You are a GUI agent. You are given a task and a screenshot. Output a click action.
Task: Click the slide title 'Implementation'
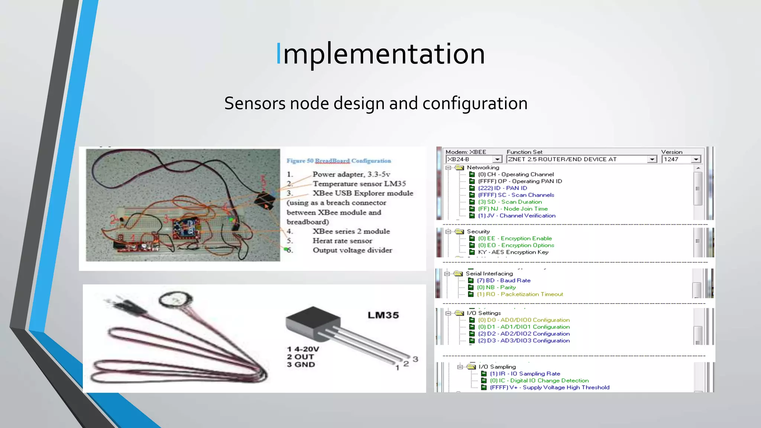coord(380,54)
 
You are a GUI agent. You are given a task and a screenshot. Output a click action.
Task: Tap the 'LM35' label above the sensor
coord(383,315)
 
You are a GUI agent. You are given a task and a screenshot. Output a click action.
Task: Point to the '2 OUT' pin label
coord(300,357)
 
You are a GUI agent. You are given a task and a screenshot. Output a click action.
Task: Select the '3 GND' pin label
coord(301,364)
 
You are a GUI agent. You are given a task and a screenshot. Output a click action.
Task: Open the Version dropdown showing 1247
coord(681,159)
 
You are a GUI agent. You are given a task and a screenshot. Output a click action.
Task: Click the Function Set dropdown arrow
coord(652,159)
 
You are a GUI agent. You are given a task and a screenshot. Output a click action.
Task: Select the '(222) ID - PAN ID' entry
coord(502,188)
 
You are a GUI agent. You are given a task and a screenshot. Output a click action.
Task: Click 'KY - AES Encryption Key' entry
coord(513,252)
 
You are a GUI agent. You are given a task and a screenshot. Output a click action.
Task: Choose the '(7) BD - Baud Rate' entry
coord(503,281)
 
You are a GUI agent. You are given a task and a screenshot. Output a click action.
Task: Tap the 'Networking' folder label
coord(483,168)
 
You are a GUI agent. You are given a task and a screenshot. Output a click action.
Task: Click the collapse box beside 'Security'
coord(448,231)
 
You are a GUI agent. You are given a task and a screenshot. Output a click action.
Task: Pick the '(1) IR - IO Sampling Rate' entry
coord(525,374)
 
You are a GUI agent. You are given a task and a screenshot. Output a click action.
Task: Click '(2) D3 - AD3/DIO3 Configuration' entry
coord(524,341)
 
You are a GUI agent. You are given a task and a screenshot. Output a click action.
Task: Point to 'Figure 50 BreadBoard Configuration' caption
coord(339,161)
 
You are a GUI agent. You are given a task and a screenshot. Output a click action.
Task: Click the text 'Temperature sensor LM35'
coord(359,184)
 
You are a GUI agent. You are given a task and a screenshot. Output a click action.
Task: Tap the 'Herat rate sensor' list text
coord(342,241)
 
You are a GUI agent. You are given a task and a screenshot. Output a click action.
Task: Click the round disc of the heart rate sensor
coord(176,300)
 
